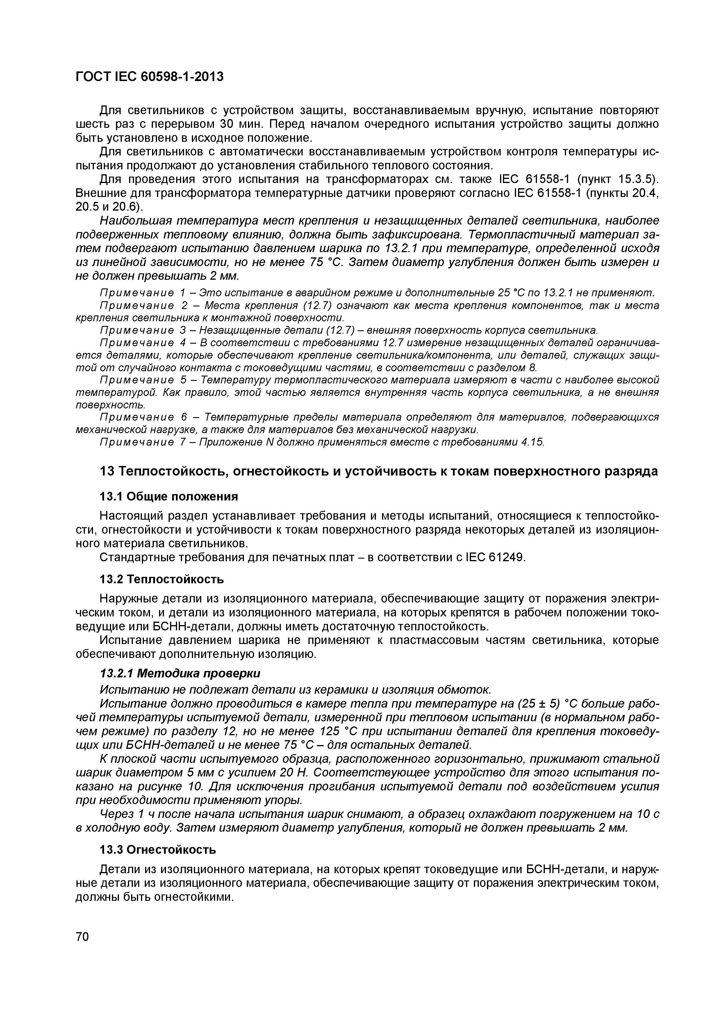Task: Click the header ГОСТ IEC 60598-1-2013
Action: coord(149,77)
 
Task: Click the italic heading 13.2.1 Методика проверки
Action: coord(180,673)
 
